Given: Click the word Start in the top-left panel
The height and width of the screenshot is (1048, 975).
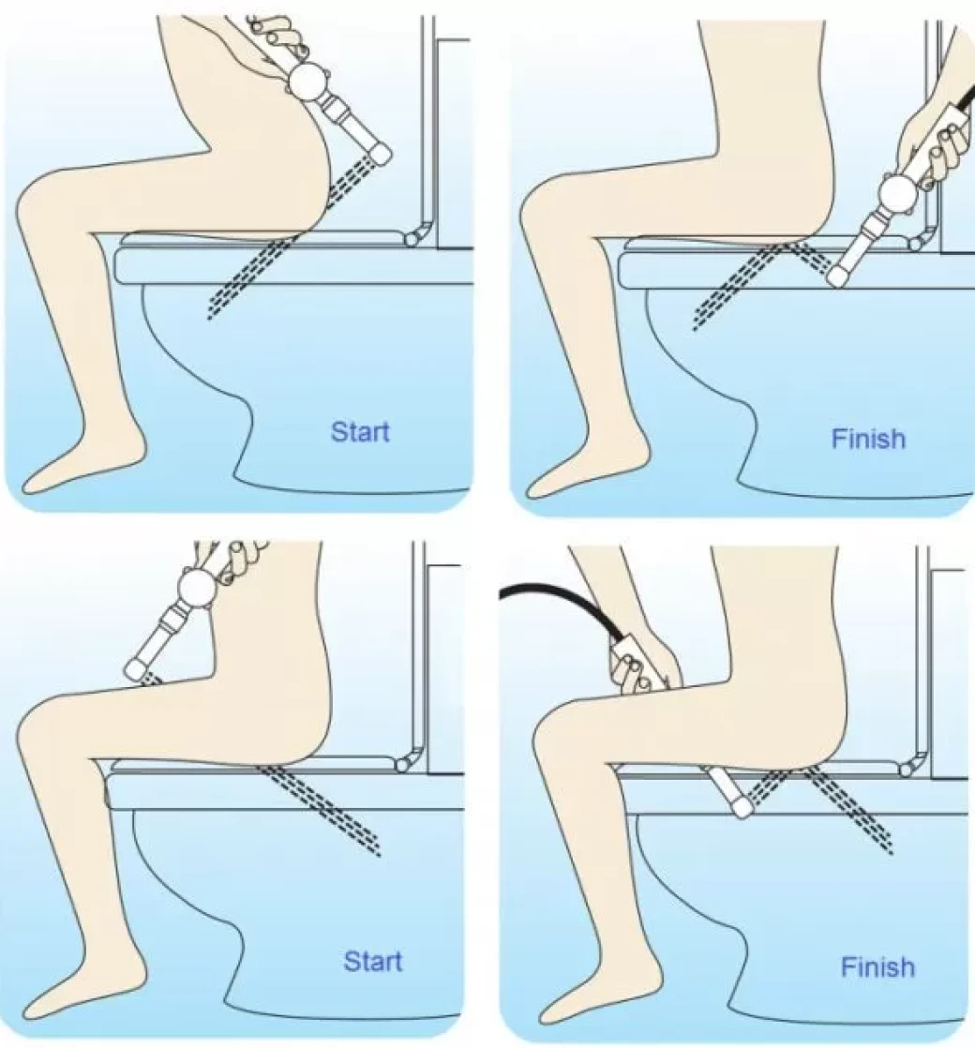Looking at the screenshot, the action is click(x=359, y=432).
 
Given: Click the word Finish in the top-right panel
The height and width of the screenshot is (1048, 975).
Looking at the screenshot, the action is click(x=869, y=439).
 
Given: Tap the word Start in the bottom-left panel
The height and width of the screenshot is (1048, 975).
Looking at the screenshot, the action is click(x=373, y=961).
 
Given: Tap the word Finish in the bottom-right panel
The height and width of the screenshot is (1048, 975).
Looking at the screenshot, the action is click(x=877, y=966).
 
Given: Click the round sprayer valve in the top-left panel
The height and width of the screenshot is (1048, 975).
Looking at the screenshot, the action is click(x=308, y=81).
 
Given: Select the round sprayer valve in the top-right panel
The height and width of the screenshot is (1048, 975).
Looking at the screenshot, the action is click(x=895, y=193).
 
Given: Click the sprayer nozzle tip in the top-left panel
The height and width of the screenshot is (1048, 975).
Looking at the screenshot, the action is click(x=381, y=155).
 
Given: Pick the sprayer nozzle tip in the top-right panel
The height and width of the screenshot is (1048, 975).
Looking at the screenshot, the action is click(x=838, y=276).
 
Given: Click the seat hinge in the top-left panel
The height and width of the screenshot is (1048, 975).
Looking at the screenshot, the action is click(x=413, y=237).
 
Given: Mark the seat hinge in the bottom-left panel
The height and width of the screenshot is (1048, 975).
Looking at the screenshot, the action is click(x=404, y=764).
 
